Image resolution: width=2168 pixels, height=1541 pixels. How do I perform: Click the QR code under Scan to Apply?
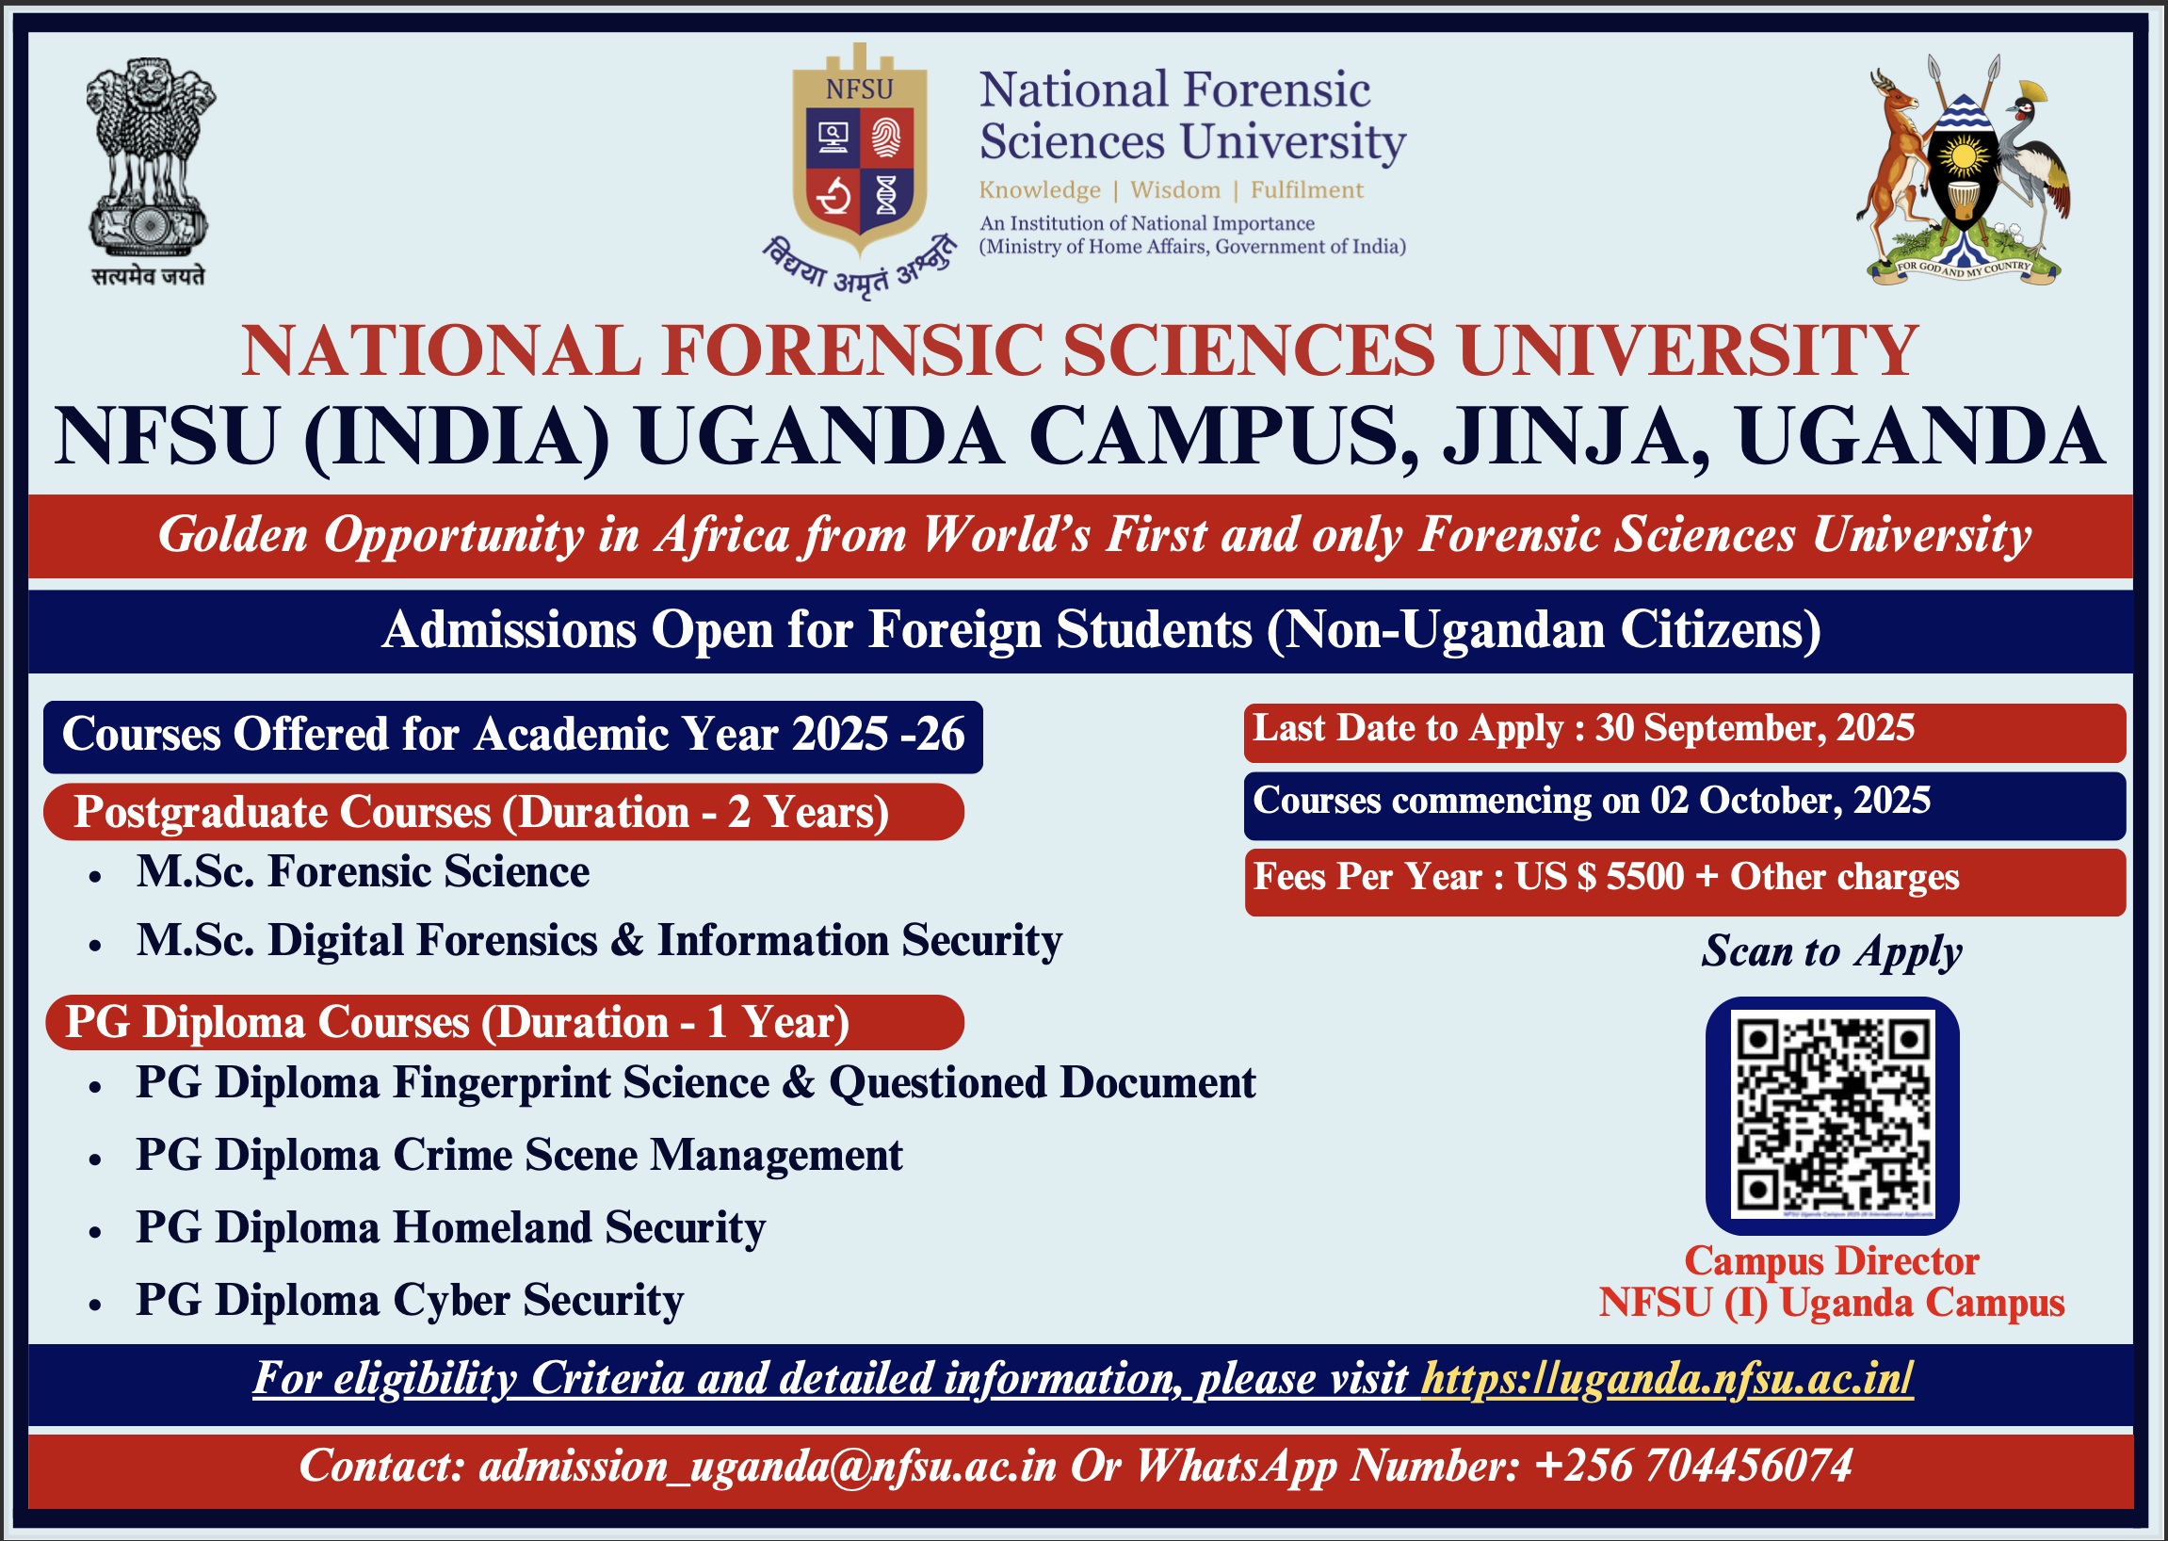click(x=1832, y=1115)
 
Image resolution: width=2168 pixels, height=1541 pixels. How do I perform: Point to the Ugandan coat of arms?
click(x=1963, y=170)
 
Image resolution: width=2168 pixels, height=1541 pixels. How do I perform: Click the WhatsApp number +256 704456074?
click(x=1691, y=1465)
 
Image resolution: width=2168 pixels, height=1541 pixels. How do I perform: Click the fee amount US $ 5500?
click(x=1599, y=877)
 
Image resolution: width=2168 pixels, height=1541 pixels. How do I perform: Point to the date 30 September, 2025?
click(x=1755, y=729)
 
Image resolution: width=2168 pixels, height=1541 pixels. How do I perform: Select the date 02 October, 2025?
click(x=1790, y=801)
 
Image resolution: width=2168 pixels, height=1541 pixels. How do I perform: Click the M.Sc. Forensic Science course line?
click(x=363, y=872)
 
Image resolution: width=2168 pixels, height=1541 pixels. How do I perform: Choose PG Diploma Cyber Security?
click(x=410, y=1300)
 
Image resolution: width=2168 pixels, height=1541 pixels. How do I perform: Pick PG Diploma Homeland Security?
click(x=451, y=1228)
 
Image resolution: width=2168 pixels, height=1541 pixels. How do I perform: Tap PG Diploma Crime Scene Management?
click(x=519, y=1156)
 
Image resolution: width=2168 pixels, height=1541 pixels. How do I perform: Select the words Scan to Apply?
click(x=1831, y=951)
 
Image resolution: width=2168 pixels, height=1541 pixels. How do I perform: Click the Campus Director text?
click(x=1831, y=1261)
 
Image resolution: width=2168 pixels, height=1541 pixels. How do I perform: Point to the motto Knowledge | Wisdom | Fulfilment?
click(x=1171, y=189)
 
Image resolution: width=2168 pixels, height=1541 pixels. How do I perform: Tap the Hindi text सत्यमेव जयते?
click(x=148, y=276)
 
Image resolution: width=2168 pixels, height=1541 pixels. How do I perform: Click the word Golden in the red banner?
click(x=234, y=534)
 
